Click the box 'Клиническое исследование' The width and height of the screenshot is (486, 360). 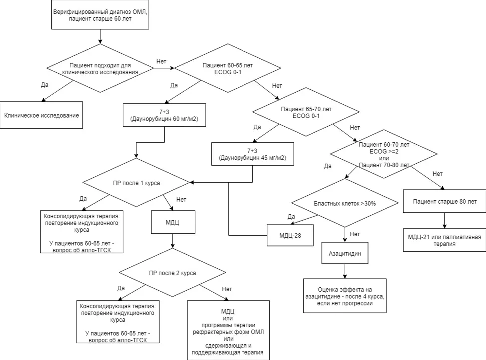tap(41, 115)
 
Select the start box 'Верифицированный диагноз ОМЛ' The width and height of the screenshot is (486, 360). tap(100, 15)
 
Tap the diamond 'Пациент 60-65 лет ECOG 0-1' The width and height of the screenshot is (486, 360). tap(228, 68)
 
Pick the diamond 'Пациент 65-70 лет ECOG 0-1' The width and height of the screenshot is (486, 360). tap(306, 112)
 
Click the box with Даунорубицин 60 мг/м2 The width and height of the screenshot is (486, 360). tap(164, 115)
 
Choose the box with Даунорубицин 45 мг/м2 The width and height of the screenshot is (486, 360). tap(252, 154)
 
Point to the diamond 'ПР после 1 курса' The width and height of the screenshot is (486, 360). tap(136, 183)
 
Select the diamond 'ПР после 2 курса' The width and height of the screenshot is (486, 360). tap(172, 273)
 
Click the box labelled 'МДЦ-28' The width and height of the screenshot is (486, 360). tap(290, 235)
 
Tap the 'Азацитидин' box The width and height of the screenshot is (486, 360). tap(345, 253)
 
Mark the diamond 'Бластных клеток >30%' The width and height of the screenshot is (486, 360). tap(345, 203)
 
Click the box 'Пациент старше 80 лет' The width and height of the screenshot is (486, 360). tap(445, 201)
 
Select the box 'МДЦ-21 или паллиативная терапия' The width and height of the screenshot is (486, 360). tap(445, 240)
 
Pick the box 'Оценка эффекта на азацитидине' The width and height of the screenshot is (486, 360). tap(345, 296)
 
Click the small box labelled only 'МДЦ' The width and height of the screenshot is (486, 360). tap(173, 222)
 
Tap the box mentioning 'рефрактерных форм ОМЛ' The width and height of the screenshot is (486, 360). tap(229, 330)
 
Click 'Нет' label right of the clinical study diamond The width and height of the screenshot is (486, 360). tap(161, 61)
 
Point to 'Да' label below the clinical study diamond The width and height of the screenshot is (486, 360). tap(44, 85)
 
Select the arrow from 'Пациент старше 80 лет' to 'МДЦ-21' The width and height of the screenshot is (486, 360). tap(445, 221)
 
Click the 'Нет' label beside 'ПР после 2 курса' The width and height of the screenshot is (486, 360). tap(227, 289)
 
